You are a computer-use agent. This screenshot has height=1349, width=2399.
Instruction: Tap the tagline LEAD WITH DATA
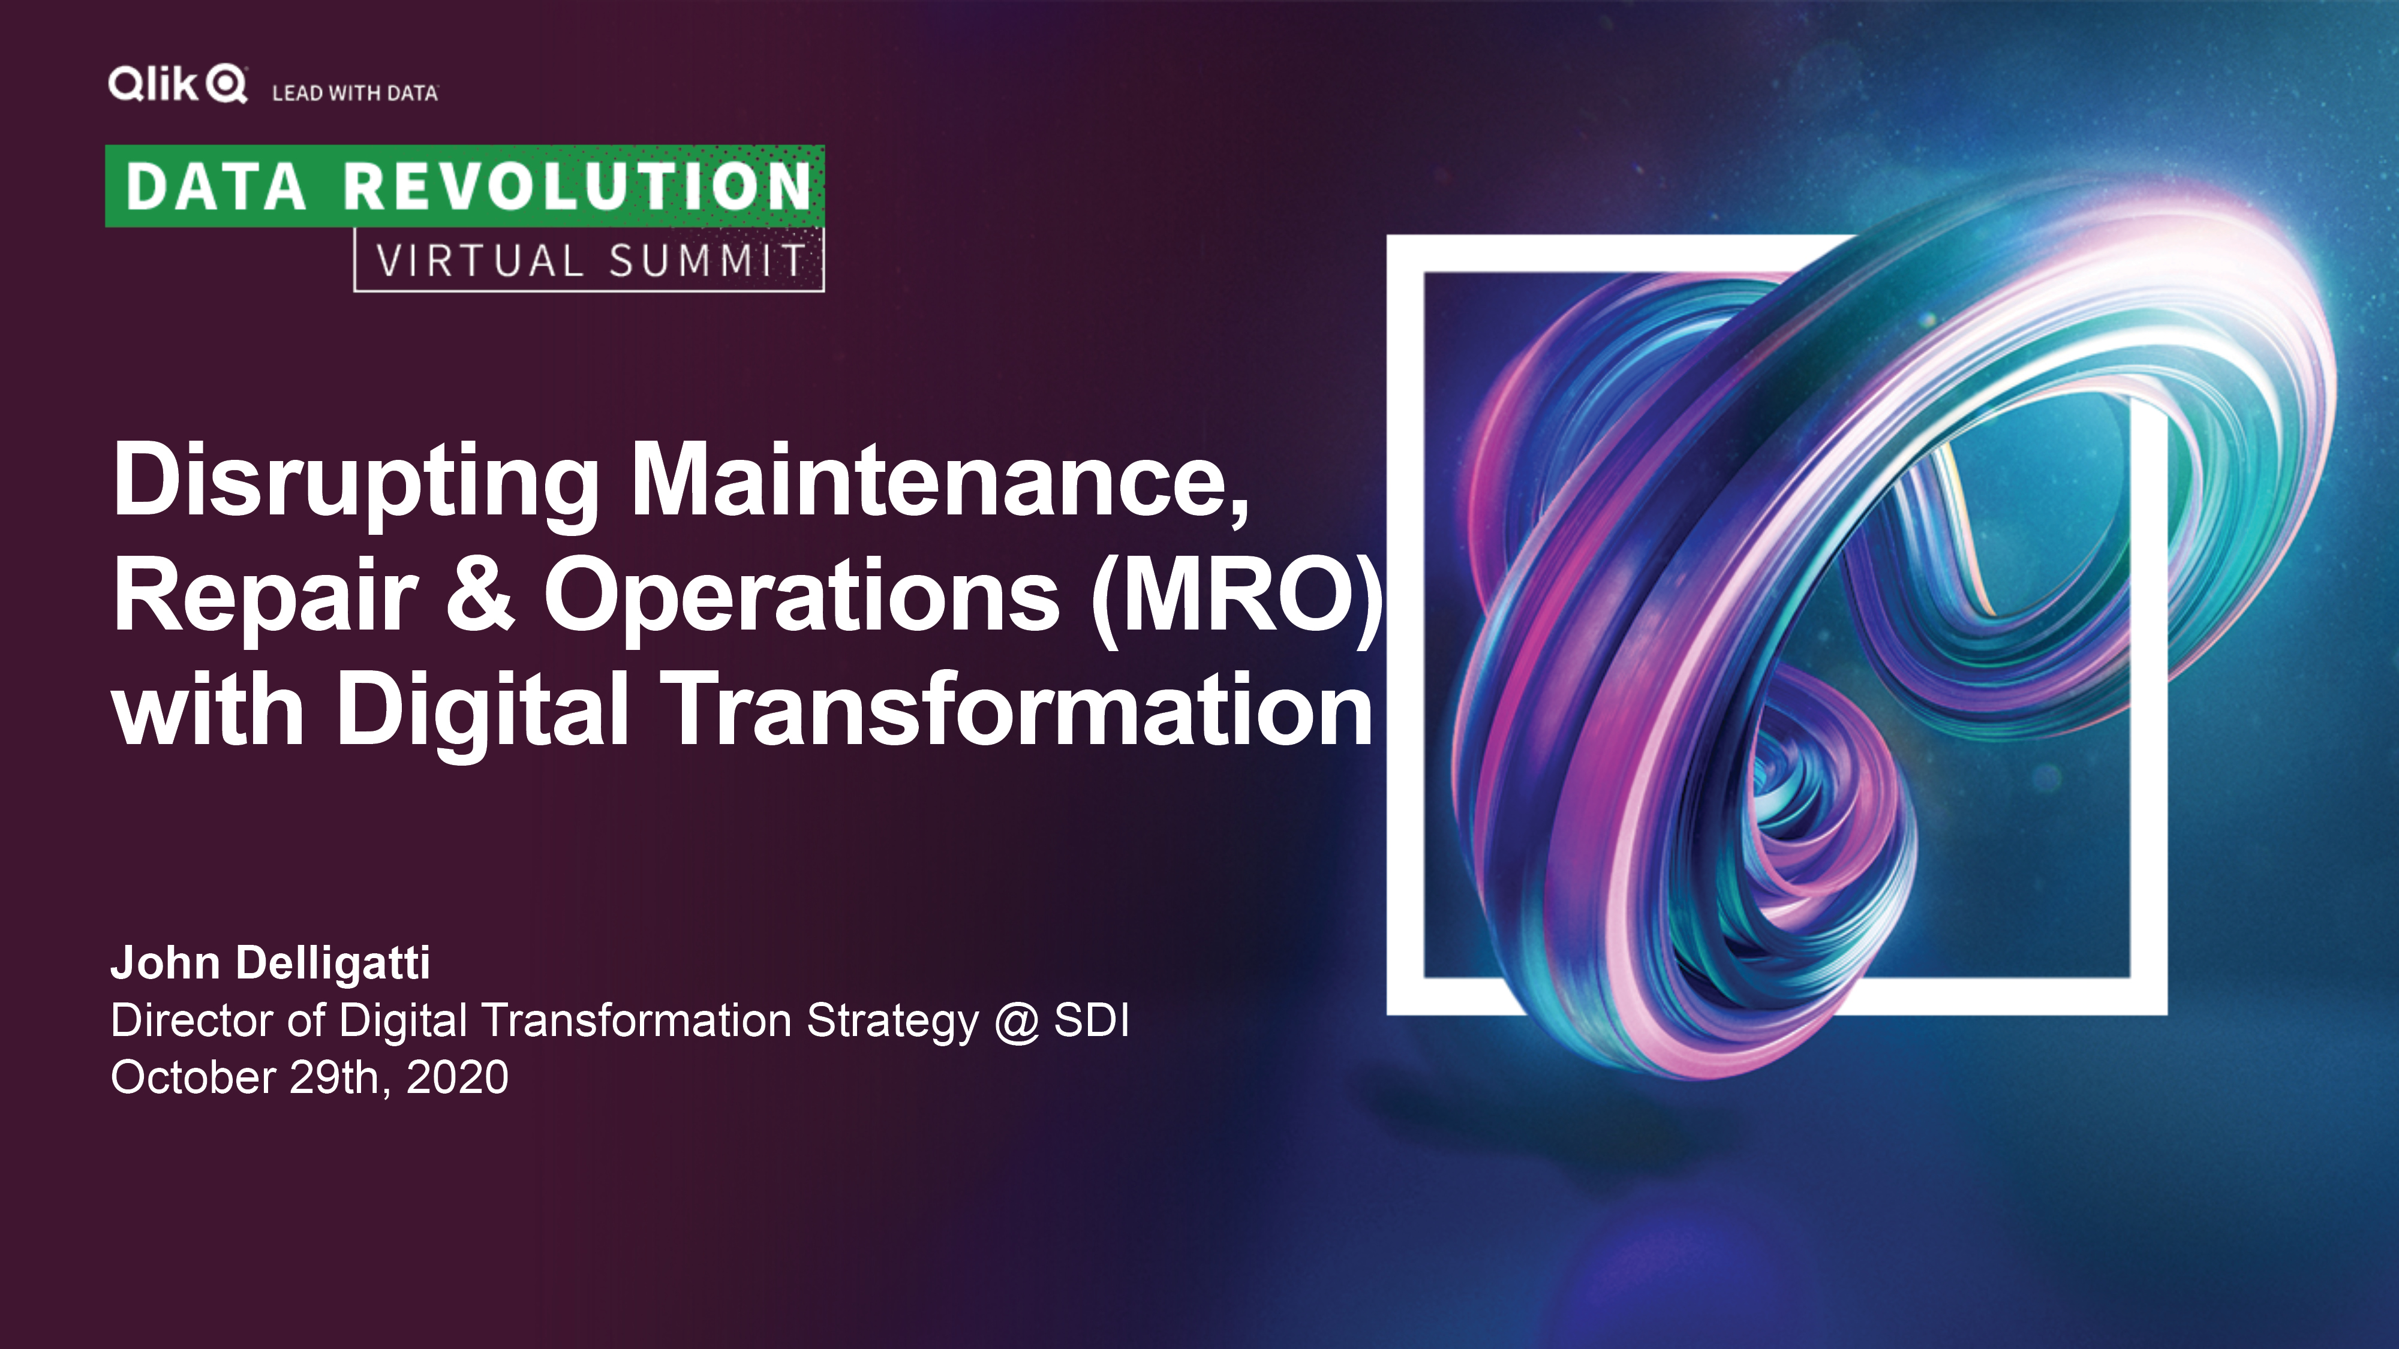coord(355,93)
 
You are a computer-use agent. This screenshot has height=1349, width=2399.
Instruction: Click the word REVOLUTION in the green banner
coord(578,186)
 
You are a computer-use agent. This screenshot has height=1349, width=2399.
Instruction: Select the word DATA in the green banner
coord(216,186)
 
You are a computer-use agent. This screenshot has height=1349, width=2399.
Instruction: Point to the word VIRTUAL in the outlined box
coord(480,261)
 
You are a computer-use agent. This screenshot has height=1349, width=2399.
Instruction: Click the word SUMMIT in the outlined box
coord(708,261)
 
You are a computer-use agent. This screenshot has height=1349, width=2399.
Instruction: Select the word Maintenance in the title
coord(940,480)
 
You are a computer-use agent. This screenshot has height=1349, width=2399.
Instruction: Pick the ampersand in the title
coord(480,593)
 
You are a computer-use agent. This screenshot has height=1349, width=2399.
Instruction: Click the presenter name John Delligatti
coord(270,963)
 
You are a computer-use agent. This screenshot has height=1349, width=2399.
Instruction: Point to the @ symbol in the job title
coord(1016,1022)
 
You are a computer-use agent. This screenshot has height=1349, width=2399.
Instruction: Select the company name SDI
coord(1092,1020)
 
